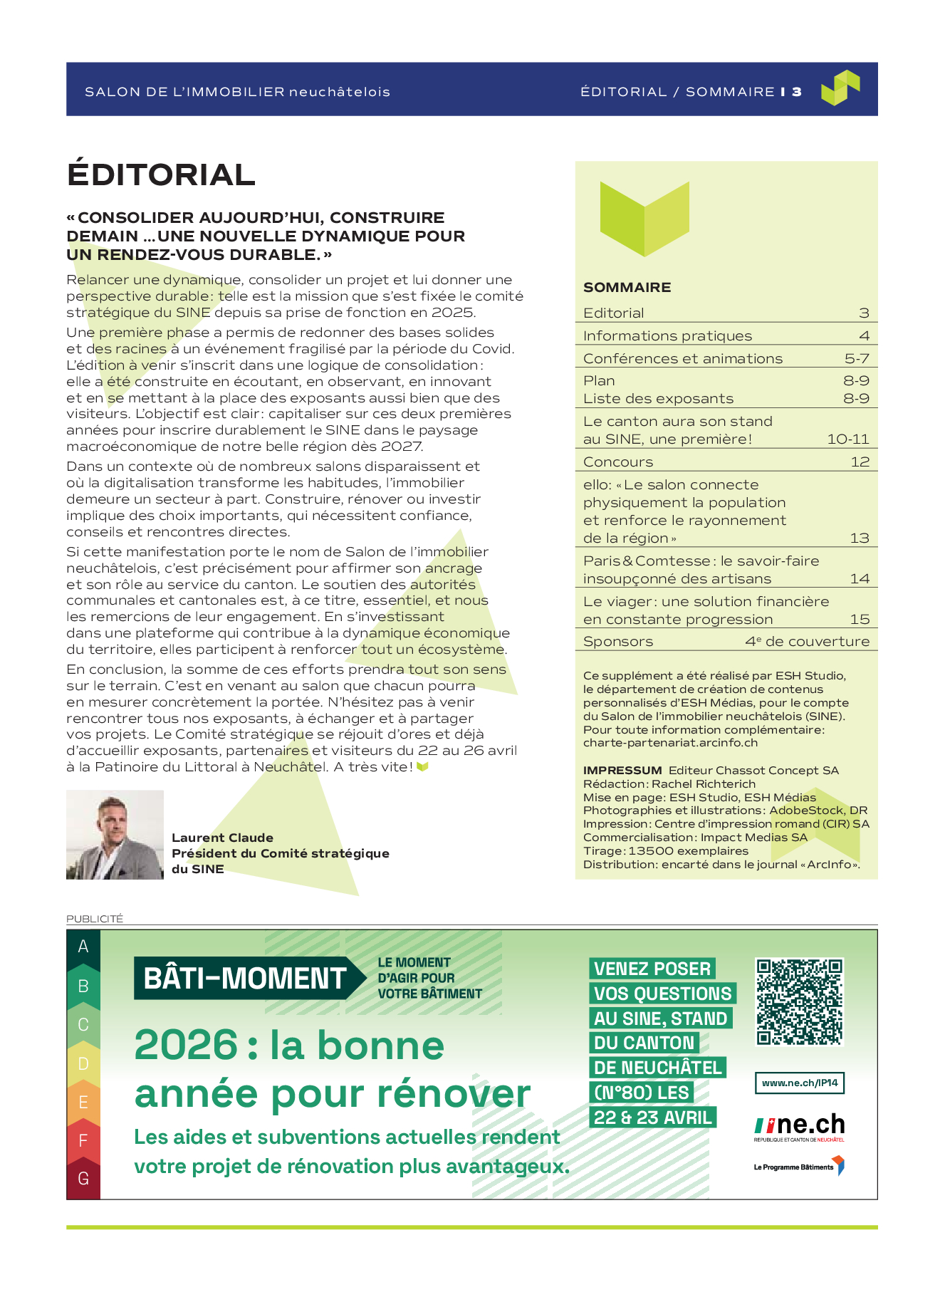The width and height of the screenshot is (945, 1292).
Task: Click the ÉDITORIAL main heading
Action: tap(161, 175)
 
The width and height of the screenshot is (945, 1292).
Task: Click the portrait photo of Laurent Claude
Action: tap(115, 834)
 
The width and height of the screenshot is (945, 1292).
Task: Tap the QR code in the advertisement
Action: tap(799, 1001)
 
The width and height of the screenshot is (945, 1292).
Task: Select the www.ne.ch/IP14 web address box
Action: tap(799, 1083)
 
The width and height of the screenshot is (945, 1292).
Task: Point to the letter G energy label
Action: tap(83, 1179)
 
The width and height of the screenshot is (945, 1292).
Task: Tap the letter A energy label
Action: tap(83, 947)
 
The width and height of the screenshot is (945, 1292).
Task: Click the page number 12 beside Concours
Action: tap(860, 462)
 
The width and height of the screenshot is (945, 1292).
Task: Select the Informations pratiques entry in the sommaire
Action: tap(667, 336)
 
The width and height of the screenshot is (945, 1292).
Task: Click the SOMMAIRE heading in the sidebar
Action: tap(627, 288)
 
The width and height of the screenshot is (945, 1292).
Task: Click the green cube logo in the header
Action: tap(840, 88)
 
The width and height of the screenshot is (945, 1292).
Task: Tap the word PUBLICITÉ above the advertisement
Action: tap(95, 919)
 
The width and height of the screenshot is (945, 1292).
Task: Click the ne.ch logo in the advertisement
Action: tap(799, 1126)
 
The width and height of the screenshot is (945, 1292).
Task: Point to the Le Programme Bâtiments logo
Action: tap(798, 1167)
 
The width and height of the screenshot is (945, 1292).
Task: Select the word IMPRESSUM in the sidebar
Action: tap(622, 771)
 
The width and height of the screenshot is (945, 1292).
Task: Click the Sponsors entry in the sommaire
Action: tap(617, 642)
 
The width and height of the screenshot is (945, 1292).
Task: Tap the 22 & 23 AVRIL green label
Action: tap(652, 1118)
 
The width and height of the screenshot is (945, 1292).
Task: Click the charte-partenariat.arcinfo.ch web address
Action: tap(670, 743)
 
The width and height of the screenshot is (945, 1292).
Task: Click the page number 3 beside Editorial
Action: tap(864, 313)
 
